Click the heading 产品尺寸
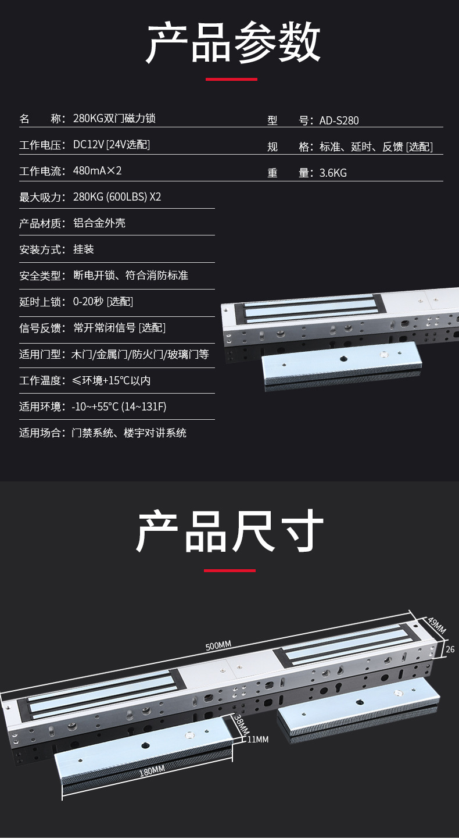point(229,531)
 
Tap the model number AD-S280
point(339,121)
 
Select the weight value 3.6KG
point(333,173)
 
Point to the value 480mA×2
point(97,171)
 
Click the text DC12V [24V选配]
point(111,145)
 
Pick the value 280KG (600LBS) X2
point(117,197)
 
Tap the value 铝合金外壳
point(99,223)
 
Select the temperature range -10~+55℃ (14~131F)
point(119,406)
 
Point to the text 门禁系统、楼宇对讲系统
point(129,433)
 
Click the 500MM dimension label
point(218,645)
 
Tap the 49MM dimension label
point(436,626)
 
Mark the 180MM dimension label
point(152,772)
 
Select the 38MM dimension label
point(241,724)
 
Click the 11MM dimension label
point(257,740)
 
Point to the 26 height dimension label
point(450,649)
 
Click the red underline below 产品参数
point(231,79)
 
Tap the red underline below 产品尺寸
point(229,570)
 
